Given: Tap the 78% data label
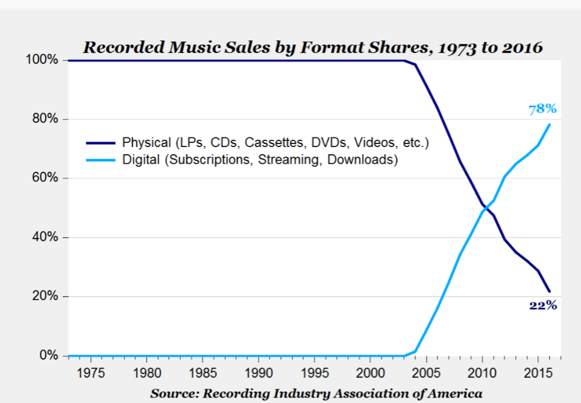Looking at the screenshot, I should pyautogui.click(x=542, y=109).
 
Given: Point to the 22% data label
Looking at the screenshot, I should pyautogui.click(x=542, y=305).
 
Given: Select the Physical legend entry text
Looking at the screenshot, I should pyautogui.click(x=275, y=143).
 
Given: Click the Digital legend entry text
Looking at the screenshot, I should pyautogui.click(x=260, y=160).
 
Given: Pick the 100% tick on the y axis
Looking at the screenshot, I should pyautogui.click(x=42, y=60).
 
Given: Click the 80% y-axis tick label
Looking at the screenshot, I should pyautogui.click(x=45, y=119).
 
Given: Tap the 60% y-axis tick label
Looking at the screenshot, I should pyautogui.click(x=45, y=178).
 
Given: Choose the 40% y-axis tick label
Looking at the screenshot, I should pyautogui.click(x=45, y=237).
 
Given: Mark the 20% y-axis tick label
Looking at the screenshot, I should pyautogui.click(x=45, y=296).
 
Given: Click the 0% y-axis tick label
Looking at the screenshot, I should pyautogui.click(x=48, y=355).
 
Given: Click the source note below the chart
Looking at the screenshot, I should pyautogui.click(x=316, y=393).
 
